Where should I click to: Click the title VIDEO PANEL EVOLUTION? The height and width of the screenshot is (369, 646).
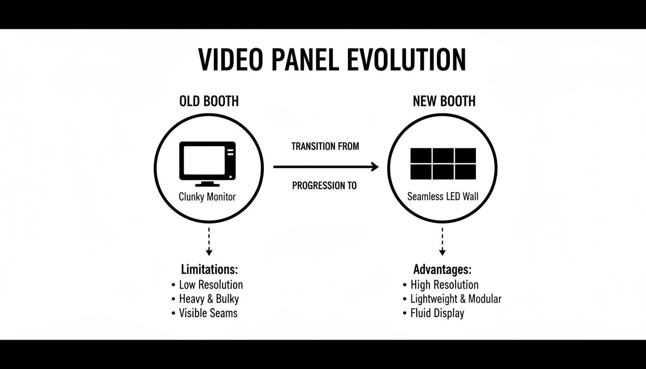point(332,60)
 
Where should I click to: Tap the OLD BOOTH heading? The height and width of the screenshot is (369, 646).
point(209,101)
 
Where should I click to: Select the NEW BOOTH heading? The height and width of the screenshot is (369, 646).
point(444,101)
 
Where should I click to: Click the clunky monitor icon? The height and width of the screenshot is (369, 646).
point(208,164)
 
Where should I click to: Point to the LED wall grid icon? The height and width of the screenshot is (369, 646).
point(443,164)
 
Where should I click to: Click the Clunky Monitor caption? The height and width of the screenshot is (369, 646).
point(207,197)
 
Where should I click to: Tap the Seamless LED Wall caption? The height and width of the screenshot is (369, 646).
point(443,197)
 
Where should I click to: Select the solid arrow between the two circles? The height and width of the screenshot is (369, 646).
point(326,167)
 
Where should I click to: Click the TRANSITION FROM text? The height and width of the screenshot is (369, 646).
point(325,146)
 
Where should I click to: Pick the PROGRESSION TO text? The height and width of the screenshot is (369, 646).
point(324,185)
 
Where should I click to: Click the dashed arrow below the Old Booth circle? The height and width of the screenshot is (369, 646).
point(209,241)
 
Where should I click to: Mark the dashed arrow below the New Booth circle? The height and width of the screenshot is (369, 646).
point(442,241)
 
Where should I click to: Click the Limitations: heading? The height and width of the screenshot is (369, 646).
point(210,269)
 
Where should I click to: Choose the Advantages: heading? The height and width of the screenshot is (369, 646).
point(442,269)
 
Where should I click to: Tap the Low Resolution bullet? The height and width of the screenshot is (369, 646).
point(211,284)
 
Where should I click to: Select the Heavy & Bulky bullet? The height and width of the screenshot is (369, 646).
point(209,299)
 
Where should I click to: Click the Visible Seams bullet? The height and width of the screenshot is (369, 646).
point(208,313)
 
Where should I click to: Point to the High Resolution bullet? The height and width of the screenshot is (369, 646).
point(444,284)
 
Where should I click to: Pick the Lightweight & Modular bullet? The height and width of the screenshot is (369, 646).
point(455,299)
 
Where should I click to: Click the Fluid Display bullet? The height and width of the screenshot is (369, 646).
point(437,313)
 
